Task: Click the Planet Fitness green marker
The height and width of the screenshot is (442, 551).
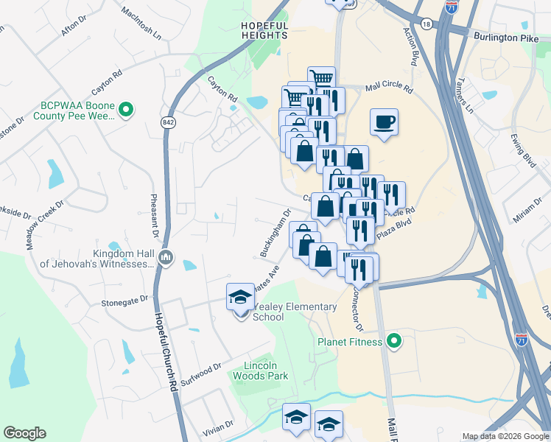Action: point(393,341)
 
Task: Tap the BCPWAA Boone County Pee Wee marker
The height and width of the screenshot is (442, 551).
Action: point(125,111)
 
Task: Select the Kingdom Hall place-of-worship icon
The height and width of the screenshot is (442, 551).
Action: point(166,258)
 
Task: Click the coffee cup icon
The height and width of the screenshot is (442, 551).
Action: point(384,122)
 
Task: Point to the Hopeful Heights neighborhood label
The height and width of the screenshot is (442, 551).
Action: point(264,30)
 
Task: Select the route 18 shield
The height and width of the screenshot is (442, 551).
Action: point(427,24)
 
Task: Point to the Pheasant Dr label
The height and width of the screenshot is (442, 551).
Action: point(155,214)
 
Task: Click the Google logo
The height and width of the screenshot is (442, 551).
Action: point(24,433)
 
